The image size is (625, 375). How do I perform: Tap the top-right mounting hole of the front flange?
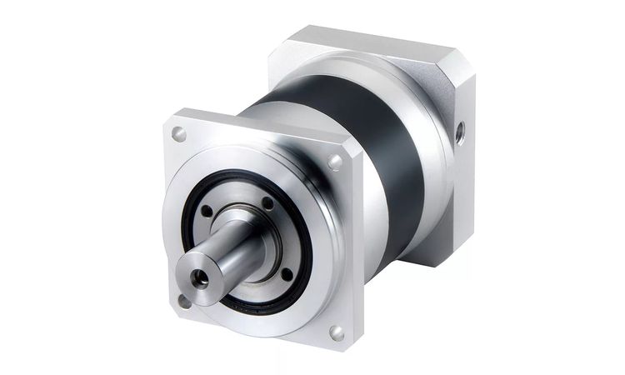pyautogui.click(x=336, y=161)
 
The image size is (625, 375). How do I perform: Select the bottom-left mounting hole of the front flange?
pyautogui.click(x=183, y=301)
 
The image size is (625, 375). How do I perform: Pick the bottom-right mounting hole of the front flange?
pyautogui.click(x=337, y=332)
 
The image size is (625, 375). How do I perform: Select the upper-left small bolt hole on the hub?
pyautogui.click(x=207, y=211)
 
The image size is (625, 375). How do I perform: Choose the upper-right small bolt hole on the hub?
pyautogui.click(x=267, y=202)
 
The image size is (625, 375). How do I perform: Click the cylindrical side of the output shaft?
pyautogui.click(x=225, y=254)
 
